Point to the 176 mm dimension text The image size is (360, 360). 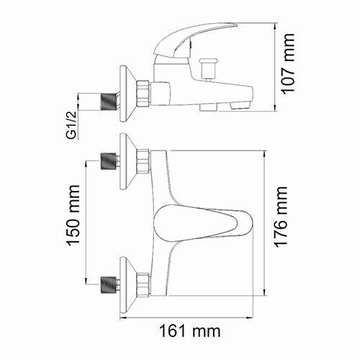(x=282, y=217)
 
